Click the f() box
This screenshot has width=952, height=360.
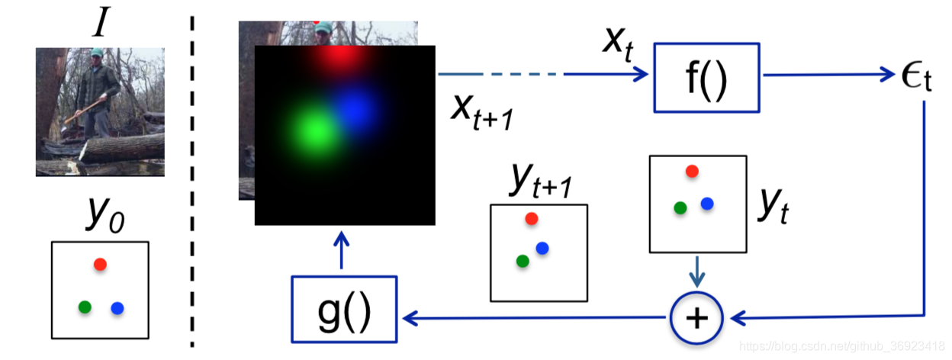(706, 77)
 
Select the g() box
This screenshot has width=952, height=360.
(344, 308)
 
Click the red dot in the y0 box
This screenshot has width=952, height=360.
(100, 264)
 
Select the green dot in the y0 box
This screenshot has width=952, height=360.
(85, 307)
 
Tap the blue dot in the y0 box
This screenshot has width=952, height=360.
(117, 308)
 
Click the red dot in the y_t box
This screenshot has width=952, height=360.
(692, 171)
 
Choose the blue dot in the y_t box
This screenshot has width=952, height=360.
(707, 203)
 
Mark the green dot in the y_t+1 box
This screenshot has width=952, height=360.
(523, 261)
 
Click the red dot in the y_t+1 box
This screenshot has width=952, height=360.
(532, 219)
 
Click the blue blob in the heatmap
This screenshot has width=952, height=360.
(355, 109)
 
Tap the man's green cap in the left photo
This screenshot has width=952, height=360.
(96, 54)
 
